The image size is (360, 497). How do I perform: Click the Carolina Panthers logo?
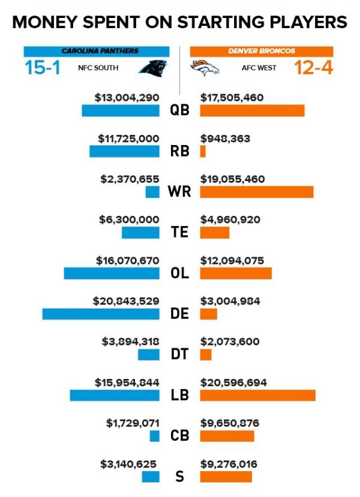(153, 68)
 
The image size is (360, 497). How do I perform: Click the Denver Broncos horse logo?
(205, 68)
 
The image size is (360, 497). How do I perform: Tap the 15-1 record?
(43, 68)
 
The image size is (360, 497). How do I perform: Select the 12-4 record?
(314, 68)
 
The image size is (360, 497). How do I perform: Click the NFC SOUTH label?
(98, 68)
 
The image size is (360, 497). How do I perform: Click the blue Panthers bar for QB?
(121, 111)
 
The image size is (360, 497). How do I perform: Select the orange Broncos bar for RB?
(203, 152)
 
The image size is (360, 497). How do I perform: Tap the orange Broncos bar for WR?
(256, 192)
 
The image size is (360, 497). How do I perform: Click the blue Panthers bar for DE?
(101, 314)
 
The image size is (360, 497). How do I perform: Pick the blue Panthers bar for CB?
(154, 436)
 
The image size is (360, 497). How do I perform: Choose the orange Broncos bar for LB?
(257, 395)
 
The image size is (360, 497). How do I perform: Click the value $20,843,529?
(126, 300)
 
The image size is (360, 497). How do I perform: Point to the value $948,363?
(225, 138)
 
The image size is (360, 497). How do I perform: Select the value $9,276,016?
(229, 463)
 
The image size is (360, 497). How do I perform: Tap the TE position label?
(179, 232)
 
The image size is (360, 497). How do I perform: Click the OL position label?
(179, 273)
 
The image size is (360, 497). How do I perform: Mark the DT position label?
(179, 354)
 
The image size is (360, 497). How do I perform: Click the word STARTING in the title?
(217, 23)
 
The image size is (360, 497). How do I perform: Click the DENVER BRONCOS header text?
(262, 52)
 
